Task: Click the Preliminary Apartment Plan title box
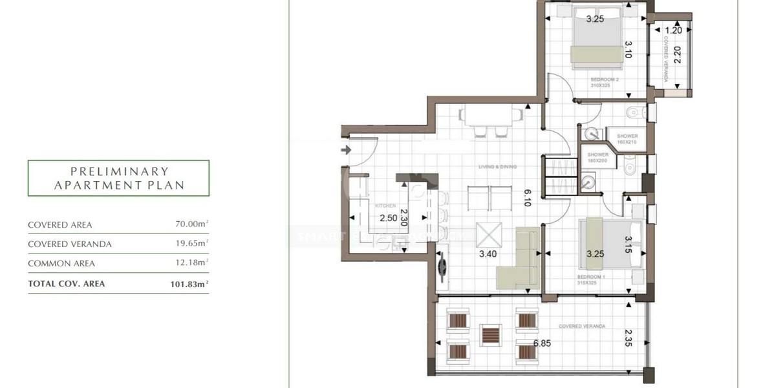click(118, 178)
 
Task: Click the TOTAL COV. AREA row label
click(66, 283)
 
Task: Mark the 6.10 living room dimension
click(527, 197)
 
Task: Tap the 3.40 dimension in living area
click(488, 254)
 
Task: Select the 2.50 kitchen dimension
click(388, 218)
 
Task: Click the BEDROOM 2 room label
click(605, 80)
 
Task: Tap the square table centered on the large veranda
click(490, 335)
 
